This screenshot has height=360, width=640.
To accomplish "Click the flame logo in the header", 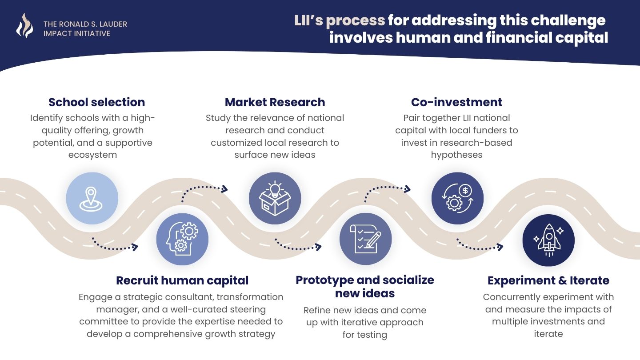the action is pyautogui.click(x=24, y=26).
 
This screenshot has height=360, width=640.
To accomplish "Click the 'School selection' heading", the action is pyautogui.click(x=96, y=102).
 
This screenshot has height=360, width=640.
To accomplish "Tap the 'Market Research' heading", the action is pyautogui.click(x=275, y=102).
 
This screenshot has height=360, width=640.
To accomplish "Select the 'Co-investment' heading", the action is pyautogui.click(x=456, y=102).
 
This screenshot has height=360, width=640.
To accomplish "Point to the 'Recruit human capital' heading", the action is pyautogui.click(x=182, y=280).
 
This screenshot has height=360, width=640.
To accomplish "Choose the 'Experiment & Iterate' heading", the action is pyautogui.click(x=548, y=280).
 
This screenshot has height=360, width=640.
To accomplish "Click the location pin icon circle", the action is pyautogui.click(x=92, y=198).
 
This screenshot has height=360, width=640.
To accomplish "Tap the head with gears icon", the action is pyautogui.click(x=182, y=239).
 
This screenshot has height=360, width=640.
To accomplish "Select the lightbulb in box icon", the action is pyautogui.click(x=275, y=198).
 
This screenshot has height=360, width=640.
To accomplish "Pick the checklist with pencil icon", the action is pyautogui.click(x=365, y=239).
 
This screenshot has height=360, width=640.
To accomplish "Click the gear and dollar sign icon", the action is pyautogui.click(x=457, y=198).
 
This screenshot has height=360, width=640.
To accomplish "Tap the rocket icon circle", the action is pyautogui.click(x=548, y=240).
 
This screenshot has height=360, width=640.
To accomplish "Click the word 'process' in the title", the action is pyautogui.click(x=356, y=21).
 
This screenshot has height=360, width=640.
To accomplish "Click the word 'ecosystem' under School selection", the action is pyautogui.click(x=92, y=155).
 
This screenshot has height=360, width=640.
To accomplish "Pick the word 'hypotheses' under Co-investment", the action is pyautogui.click(x=456, y=155).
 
